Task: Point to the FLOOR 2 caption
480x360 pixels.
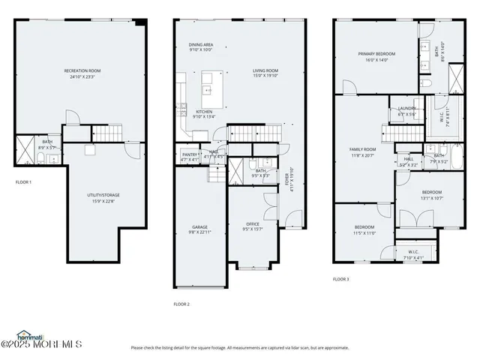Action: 181,304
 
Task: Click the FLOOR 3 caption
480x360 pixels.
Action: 341,279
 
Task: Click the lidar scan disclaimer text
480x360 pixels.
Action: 239,347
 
